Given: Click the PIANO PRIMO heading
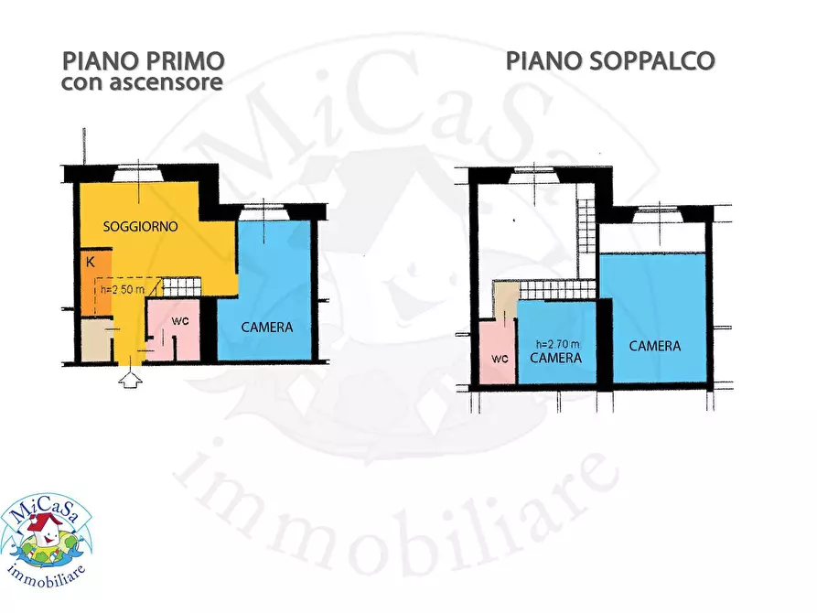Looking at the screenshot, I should pos(143,61).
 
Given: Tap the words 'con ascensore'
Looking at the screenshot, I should pos(143,83).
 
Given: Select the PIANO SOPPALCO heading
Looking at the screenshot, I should pos(610,61).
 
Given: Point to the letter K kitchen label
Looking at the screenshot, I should pos(90,262).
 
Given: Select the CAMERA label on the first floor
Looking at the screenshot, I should pos(266,327).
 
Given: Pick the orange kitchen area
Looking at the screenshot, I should pos(96,279).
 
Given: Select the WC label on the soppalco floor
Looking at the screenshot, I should pos(499,358).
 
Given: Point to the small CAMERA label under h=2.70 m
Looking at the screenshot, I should pos(556,358).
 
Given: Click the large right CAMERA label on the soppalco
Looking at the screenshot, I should pos(654,346).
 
